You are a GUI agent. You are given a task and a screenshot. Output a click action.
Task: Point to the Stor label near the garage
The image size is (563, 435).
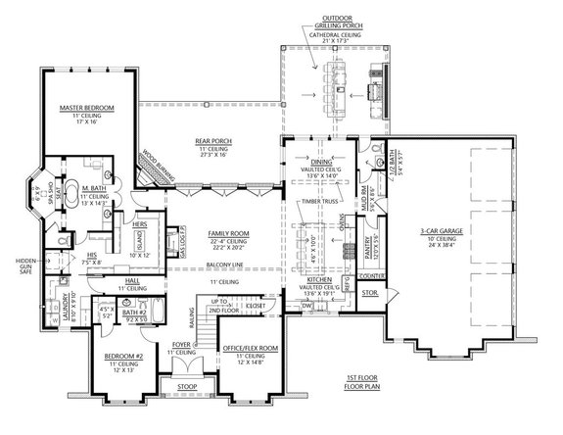(x=369, y=291)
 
